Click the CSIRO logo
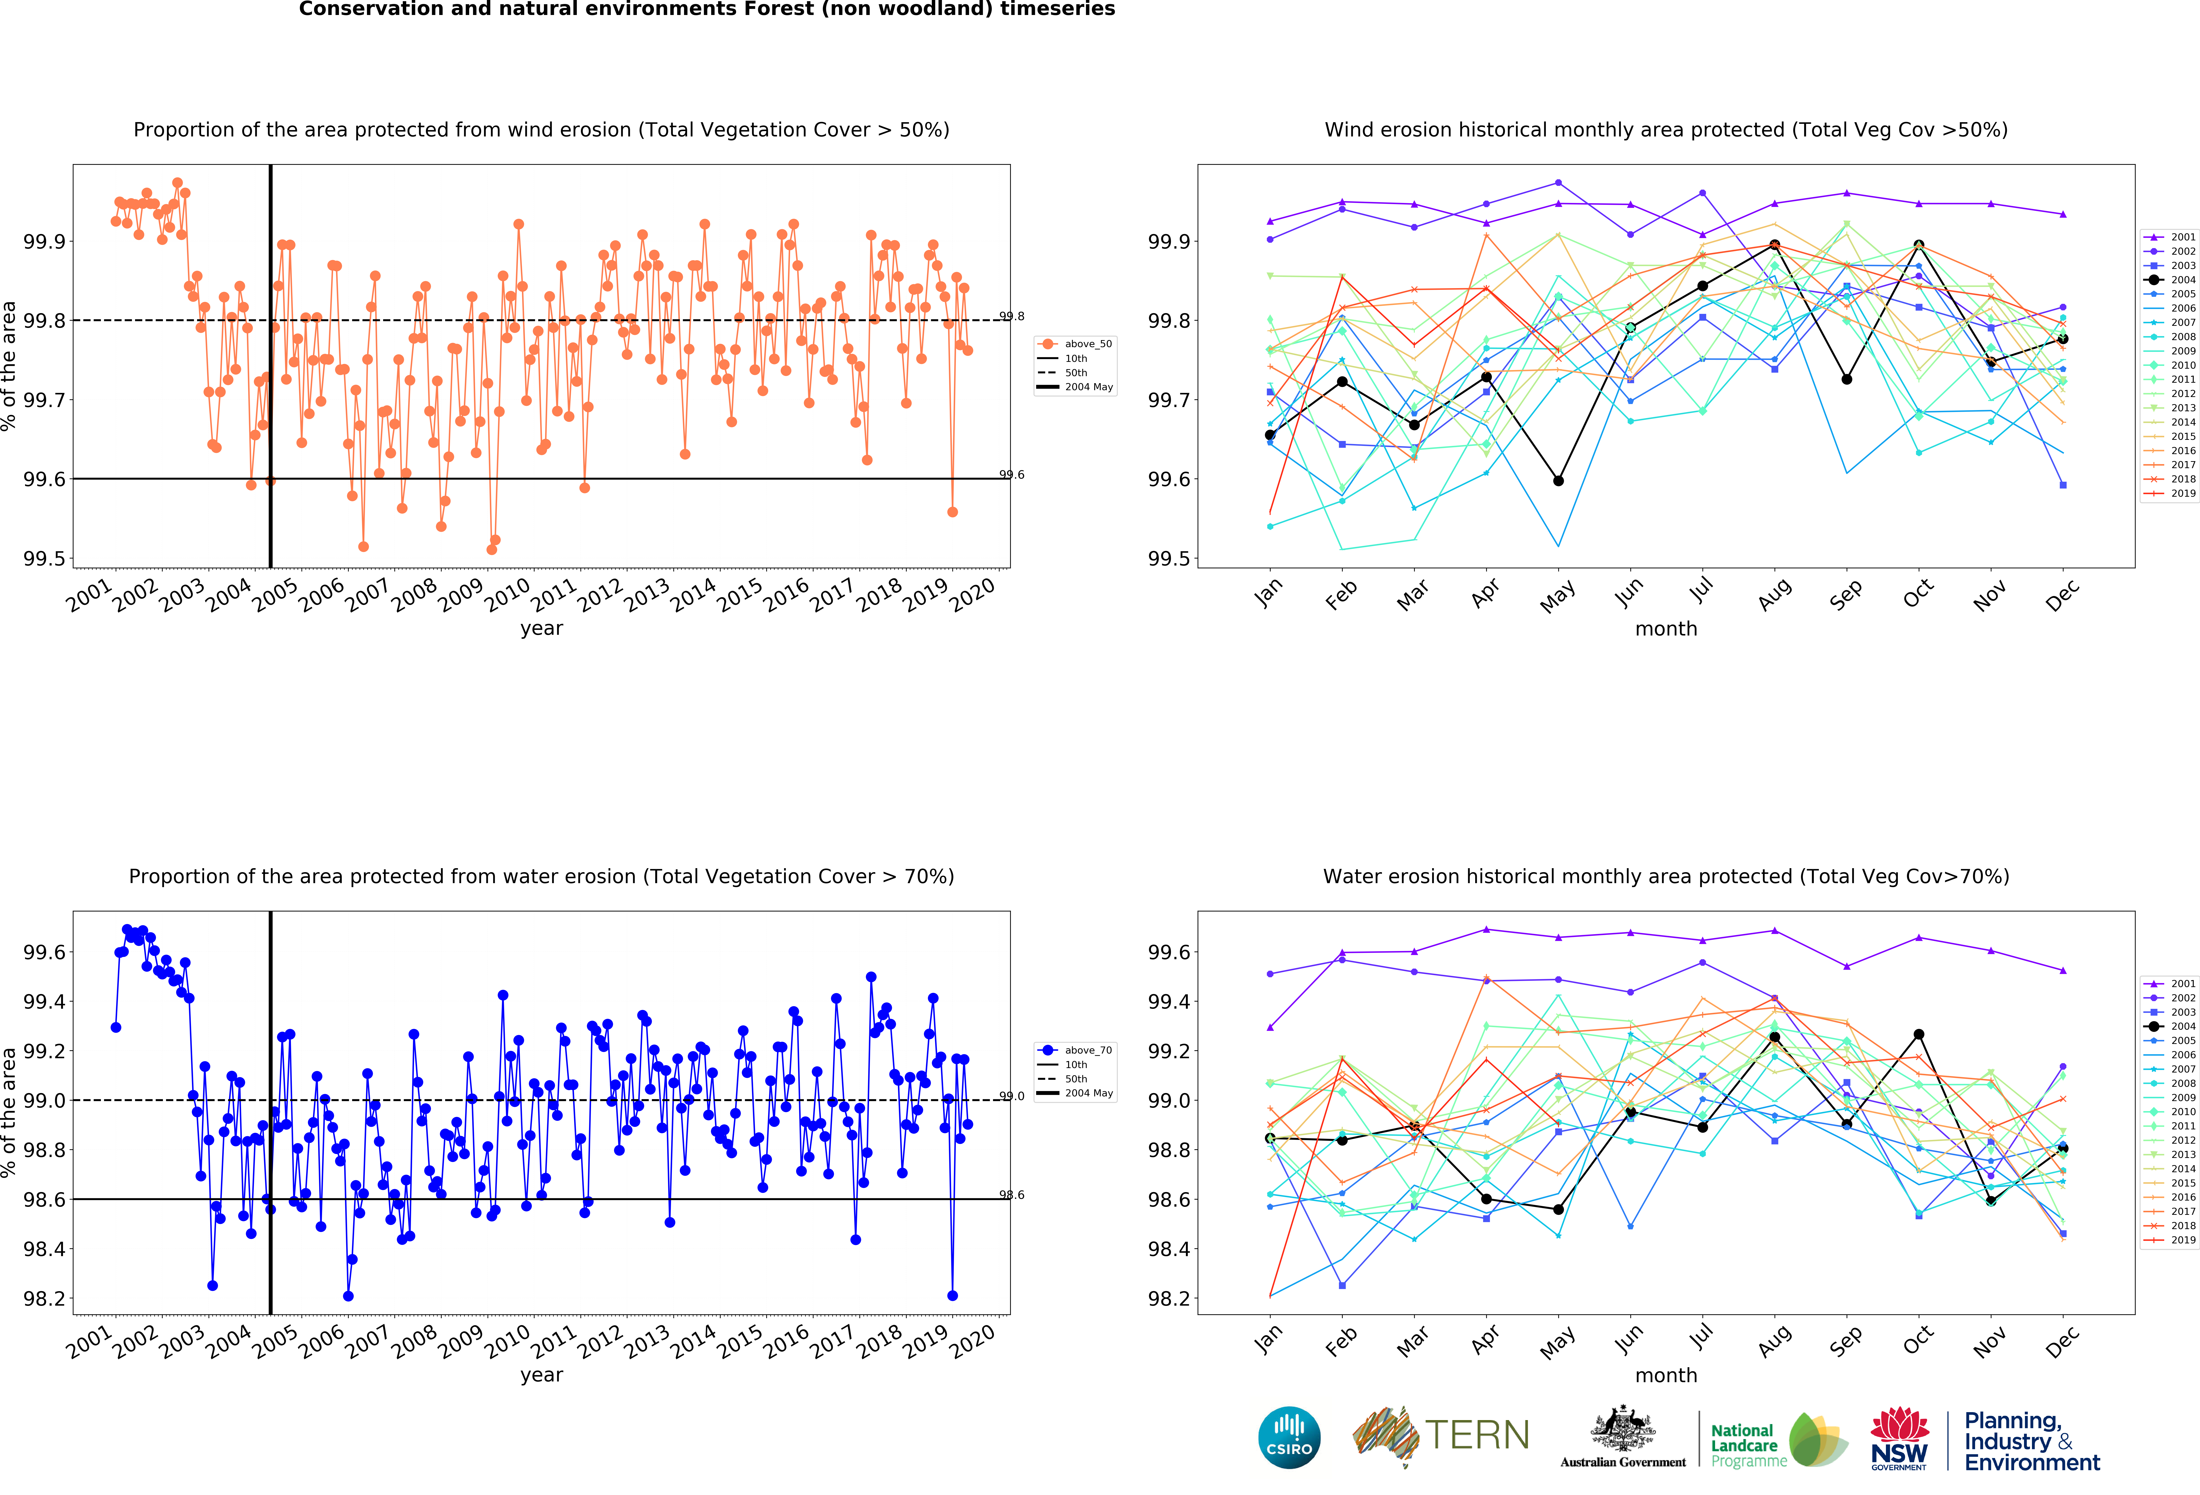click(1289, 1437)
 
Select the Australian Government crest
click(1623, 1430)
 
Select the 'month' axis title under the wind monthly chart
click(1666, 629)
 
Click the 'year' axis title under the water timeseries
click(542, 1375)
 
